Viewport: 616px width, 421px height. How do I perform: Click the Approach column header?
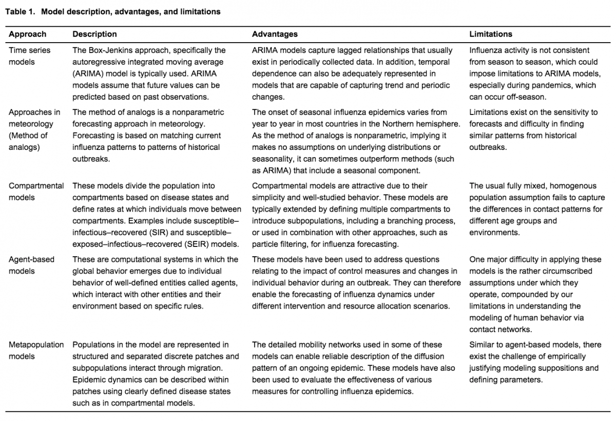click(x=27, y=34)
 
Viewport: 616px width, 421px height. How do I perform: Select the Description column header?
click(x=94, y=34)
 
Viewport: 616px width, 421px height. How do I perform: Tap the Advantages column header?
click(x=275, y=34)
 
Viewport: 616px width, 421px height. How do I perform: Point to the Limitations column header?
click(x=491, y=34)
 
